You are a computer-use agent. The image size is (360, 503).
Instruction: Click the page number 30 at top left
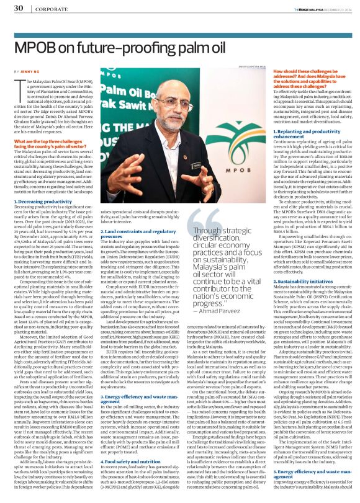(19, 8)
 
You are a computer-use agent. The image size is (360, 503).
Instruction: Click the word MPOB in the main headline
(40, 48)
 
